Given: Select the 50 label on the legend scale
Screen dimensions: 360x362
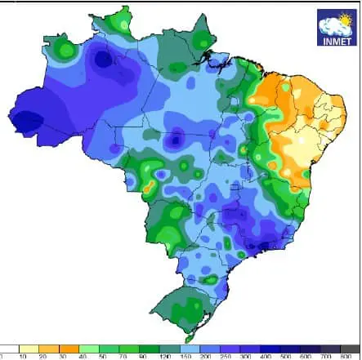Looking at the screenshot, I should pyautogui.click(x=102, y=357).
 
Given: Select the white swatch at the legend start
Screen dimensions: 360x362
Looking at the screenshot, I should pyautogui.click(x=11, y=349).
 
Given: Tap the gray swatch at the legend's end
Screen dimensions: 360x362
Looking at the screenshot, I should pyautogui.click(x=351, y=349).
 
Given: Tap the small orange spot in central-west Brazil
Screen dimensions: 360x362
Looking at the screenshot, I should pyautogui.click(x=148, y=188).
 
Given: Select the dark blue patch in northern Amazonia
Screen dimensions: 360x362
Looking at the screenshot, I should pyautogui.click(x=103, y=59).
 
